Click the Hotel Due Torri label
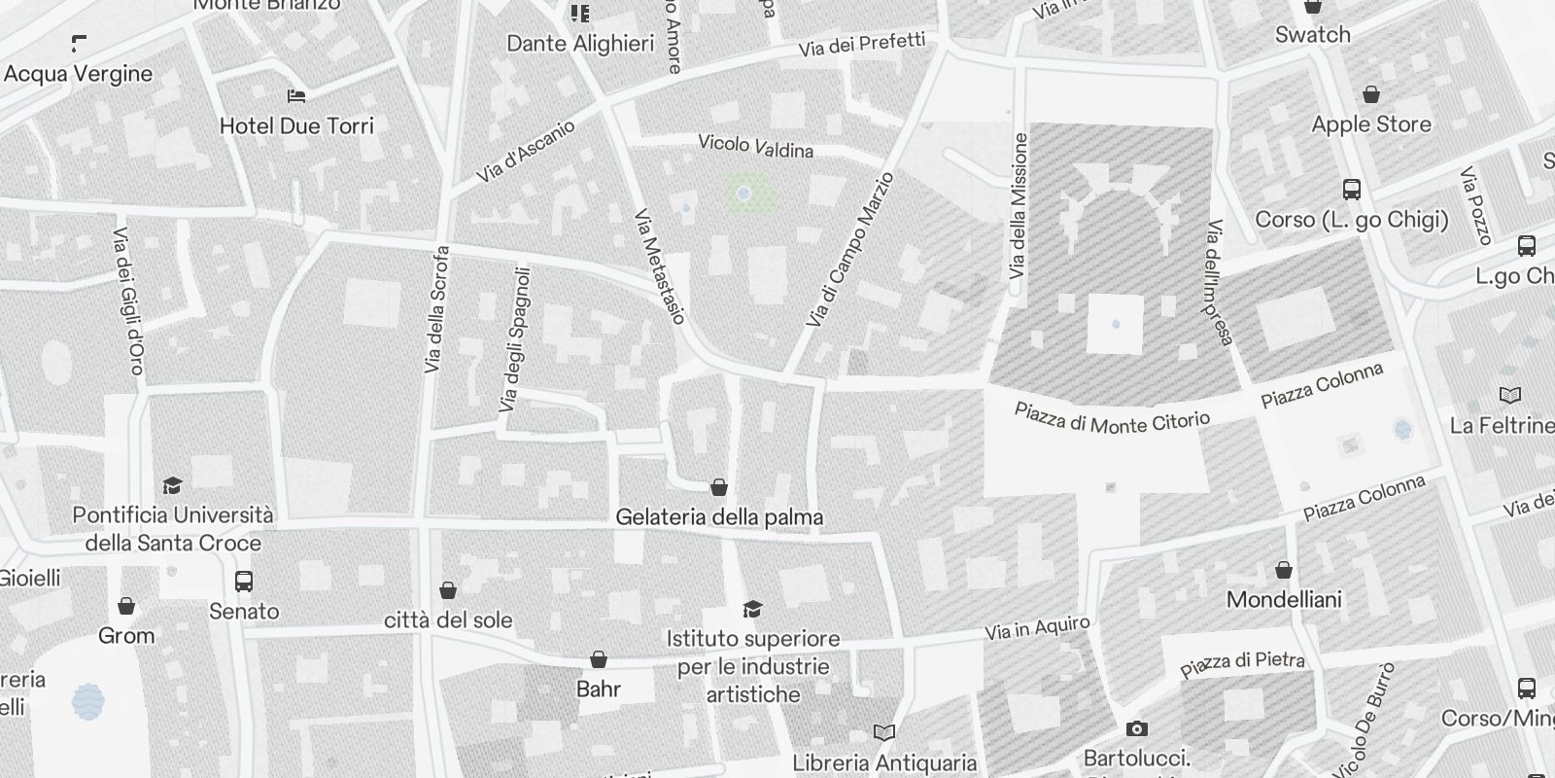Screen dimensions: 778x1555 point(296,125)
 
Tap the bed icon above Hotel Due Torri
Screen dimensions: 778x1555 point(296,95)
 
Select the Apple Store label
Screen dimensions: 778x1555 point(1370,124)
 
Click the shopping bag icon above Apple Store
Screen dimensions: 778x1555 point(1370,94)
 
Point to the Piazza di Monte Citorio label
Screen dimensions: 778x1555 point(1112,417)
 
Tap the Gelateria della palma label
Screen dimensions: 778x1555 point(719,517)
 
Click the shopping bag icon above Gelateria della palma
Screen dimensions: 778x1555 point(719,487)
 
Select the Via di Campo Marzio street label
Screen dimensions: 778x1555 point(849,250)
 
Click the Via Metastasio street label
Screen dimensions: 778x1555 point(660,266)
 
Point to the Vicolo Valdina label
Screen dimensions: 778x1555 point(755,146)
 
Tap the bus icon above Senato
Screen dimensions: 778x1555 point(244,582)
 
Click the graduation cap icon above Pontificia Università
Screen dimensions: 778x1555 point(172,485)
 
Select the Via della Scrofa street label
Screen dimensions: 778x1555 point(436,309)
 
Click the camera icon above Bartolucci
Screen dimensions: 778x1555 point(1136,728)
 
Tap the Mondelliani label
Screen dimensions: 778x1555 point(1283,599)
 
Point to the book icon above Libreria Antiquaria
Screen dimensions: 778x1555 point(883,732)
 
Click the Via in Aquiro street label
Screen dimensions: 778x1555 point(1037,629)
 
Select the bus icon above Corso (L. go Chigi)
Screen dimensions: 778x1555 point(1351,190)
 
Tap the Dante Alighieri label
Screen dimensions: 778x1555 point(580,44)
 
